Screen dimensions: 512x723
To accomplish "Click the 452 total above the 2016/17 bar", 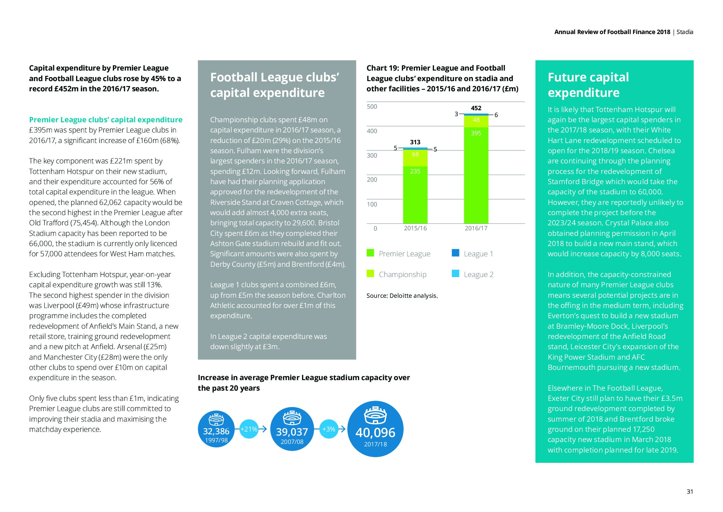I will coord(476,108).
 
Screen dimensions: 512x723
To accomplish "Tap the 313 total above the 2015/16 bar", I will coord(415,142).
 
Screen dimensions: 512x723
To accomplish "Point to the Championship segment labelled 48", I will coord(476,121).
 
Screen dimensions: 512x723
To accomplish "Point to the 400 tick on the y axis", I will coord(372,131).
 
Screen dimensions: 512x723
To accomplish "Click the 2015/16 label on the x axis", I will coord(415,228).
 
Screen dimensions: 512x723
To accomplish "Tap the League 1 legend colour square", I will coord(455,253).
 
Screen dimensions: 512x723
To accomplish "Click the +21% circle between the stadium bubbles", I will coord(249,429).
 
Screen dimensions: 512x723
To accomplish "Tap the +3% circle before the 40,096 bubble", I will coord(329,429).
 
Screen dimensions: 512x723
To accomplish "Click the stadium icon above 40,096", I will coord(375,415).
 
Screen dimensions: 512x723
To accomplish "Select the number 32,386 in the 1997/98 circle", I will coord(216,431).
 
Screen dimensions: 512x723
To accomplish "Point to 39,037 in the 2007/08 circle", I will coord(292,432).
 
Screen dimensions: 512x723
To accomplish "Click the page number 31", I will coord(690,492).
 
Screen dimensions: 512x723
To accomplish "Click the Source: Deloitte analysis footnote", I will coord(402,296).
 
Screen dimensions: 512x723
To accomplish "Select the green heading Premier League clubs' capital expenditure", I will coord(105,120).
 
